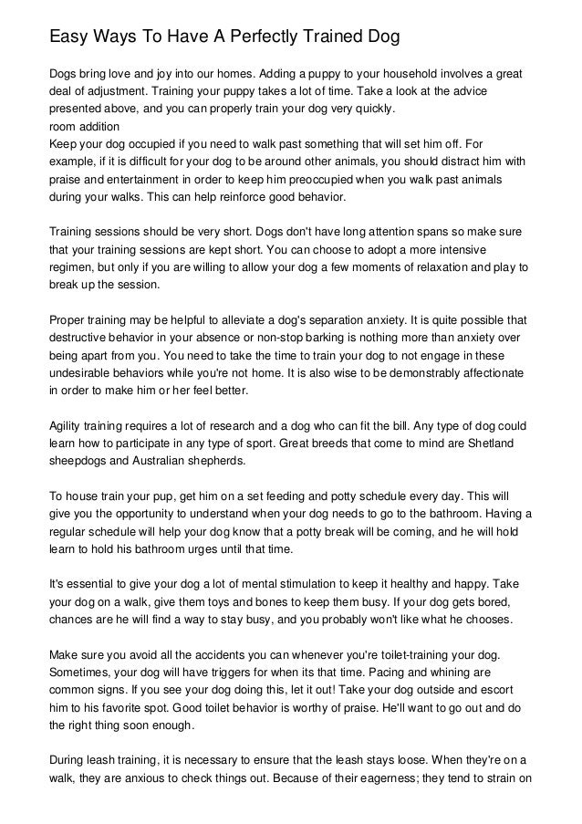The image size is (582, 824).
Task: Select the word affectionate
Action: coord(487,372)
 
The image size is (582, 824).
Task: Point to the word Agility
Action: coord(68,426)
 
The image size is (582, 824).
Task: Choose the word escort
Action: coord(510,692)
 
